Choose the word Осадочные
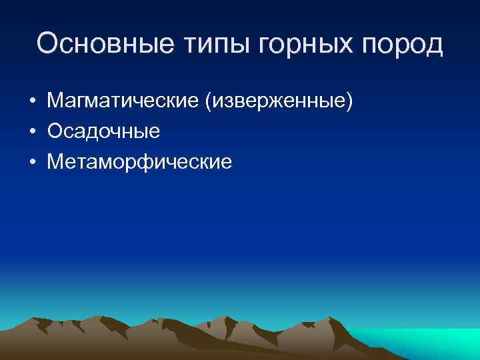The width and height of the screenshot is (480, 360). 103,131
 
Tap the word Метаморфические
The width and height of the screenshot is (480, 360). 140,162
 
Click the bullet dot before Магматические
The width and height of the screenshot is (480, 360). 32,102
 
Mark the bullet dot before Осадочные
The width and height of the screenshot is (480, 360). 32,132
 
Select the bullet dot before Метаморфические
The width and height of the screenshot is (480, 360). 32,162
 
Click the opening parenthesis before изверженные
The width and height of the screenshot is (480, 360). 209,102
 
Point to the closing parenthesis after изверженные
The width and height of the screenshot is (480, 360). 349,102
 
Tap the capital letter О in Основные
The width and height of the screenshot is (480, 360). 49,44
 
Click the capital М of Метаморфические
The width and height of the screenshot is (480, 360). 55,162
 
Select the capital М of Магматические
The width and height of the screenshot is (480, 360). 55,101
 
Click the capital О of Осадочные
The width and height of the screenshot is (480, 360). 55,131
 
